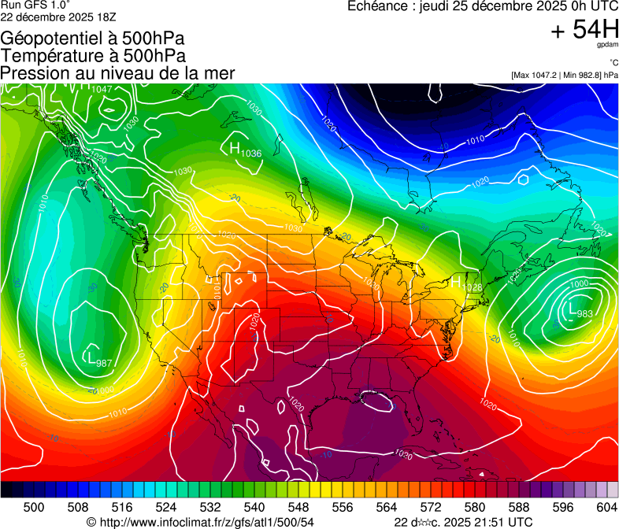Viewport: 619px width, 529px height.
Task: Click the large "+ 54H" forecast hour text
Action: [584, 30]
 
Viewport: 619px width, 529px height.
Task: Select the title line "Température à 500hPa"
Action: [93, 56]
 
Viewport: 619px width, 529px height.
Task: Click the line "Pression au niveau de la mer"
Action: [117, 73]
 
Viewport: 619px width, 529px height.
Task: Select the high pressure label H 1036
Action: [244, 150]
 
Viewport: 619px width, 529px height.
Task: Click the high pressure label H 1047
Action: [95, 88]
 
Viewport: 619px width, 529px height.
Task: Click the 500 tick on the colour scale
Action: [34, 506]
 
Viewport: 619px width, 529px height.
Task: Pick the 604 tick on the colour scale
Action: [607, 506]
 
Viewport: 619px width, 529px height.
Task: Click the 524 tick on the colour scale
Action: [166, 506]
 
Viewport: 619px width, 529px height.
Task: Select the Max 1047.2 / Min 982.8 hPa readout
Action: [564, 75]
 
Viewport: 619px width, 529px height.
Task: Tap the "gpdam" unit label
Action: [606, 46]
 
